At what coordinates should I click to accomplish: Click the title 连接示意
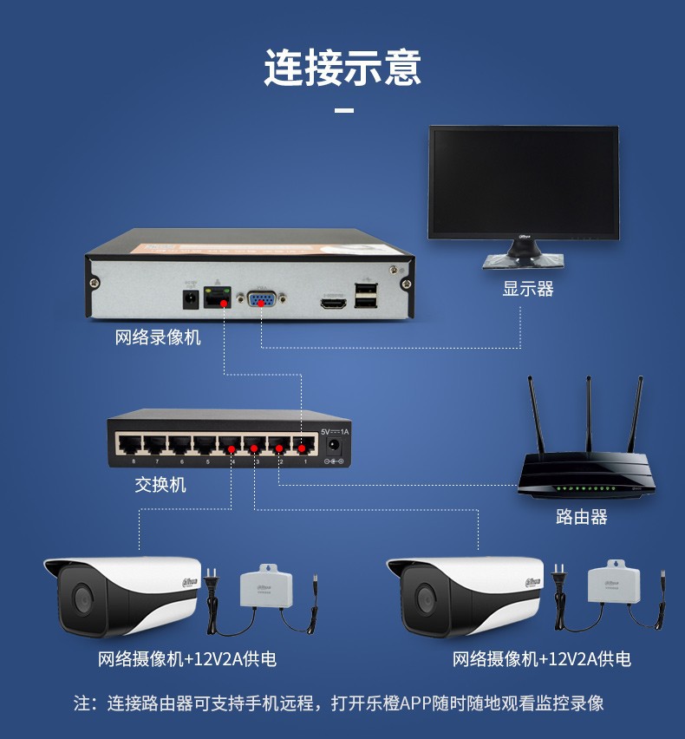(x=342, y=67)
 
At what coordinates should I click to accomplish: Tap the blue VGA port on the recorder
(x=259, y=300)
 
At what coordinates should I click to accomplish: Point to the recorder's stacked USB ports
(x=366, y=296)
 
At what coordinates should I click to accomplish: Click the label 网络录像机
(x=158, y=337)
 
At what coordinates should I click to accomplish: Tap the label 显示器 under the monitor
(x=527, y=289)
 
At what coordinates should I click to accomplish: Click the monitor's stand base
(x=524, y=259)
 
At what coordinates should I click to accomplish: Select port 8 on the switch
(x=130, y=445)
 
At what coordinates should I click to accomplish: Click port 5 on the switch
(x=205, y=445)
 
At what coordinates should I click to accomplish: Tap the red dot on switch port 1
(x=302, y=448)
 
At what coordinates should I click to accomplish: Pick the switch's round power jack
(x=333, y=447)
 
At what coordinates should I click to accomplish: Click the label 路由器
(x=581, y=517)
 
